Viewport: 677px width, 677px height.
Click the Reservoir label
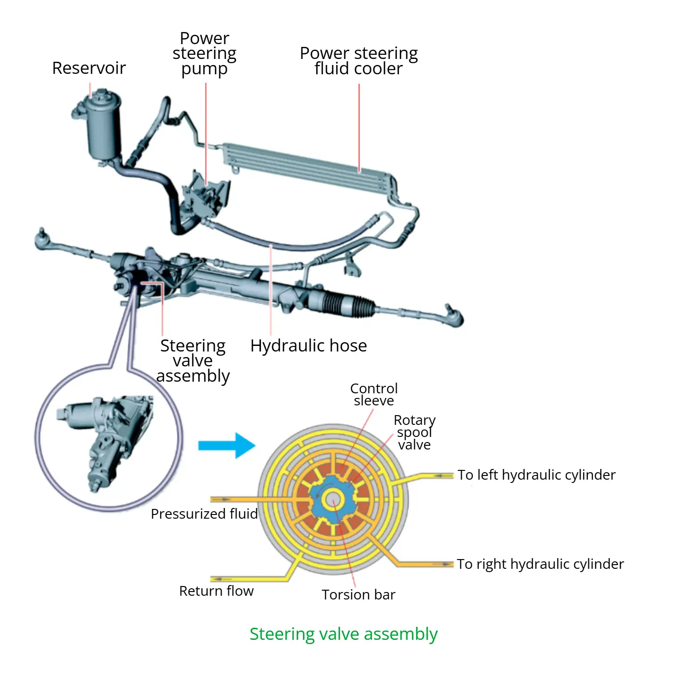[x=89, y=68]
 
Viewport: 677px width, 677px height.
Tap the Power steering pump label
[x=204, y=53]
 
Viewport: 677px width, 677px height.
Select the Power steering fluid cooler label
[x=358, y=61]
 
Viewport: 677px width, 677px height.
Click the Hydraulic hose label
[x=308, y=346]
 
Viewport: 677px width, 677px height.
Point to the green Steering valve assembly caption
[x=343, y=634]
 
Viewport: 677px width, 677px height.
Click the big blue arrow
[x=227, y=445]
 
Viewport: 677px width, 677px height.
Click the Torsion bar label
[x=358, y=595]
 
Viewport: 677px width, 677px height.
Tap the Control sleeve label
[x=374, y=395]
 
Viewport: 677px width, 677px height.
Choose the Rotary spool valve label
[x=414, y=432]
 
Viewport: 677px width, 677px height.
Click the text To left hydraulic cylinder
[x=536, y=475]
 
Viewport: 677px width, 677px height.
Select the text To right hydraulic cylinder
[x=540, y=564]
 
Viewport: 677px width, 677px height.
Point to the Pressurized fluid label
[x=204, y=514]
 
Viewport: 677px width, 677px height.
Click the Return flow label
[x=216, y=591]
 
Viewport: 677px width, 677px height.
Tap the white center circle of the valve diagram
[x=332, y=500]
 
